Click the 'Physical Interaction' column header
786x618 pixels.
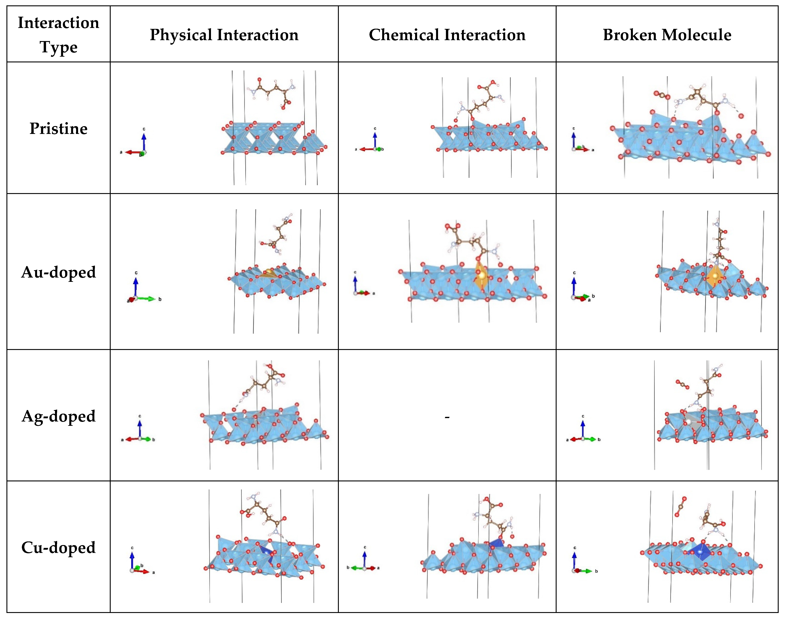224,35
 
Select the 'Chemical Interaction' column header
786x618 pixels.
447,35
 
